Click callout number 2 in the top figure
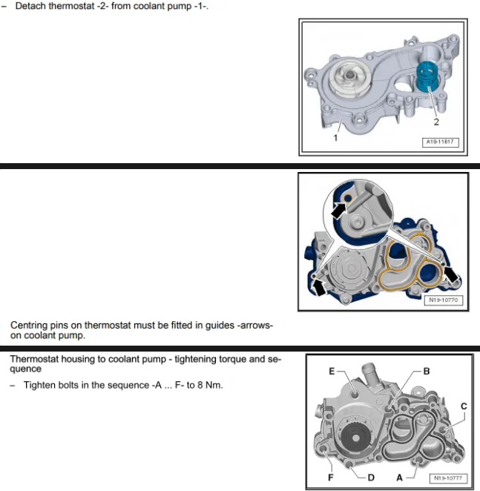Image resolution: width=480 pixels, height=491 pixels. [436, 122]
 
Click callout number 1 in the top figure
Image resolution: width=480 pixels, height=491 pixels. [335, 137]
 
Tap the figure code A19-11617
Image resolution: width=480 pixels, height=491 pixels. [440, 142]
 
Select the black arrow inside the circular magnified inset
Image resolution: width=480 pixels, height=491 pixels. [339, 210]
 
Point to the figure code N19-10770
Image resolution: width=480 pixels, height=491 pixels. [443, 300]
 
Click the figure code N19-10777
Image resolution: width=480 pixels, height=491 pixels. [448, 478]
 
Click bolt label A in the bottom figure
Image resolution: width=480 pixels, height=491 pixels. [399, 478]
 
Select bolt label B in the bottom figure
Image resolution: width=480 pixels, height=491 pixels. [426, 371]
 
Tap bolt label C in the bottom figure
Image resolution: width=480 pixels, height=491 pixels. [464, 406]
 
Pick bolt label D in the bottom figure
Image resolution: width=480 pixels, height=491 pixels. [371, 478]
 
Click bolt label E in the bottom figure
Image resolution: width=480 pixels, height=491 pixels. [332, 371]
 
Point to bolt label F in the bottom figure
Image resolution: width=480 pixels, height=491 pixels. [330, 478]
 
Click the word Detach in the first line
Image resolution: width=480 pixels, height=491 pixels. [30, 6]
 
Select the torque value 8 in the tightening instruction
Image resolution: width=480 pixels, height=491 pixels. [200, 385]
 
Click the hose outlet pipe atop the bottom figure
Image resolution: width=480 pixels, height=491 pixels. [369, 375]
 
